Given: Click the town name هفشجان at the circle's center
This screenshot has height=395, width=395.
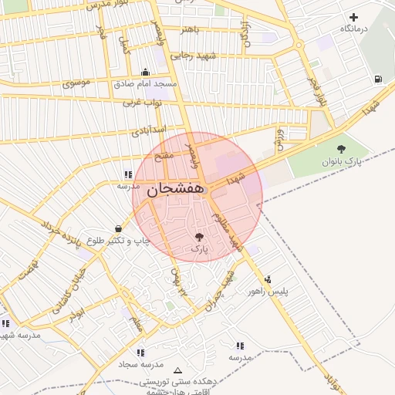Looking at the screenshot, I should pyautogui.click(x=174, y=189).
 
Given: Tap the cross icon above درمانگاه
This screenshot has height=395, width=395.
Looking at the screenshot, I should pyautogui.click(x=354, y=17).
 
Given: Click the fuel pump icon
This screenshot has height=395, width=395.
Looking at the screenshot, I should pyautogui.click(x=376, y=78).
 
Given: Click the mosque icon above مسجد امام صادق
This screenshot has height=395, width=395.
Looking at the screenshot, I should pyautogui.click(x=145, y=72).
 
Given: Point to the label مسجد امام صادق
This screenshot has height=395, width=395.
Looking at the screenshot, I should pyautogui.click(x=145, y=83).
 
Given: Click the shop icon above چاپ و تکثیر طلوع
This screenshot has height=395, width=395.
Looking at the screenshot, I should pyautogui.click(x=117, y=229).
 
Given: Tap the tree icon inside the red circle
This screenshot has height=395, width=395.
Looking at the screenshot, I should pyautogui.click(x=199, y=238).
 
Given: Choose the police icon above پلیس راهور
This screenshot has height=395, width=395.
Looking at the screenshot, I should pyautogui.click(x=268, y=280).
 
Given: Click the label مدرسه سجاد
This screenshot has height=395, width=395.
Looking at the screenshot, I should pyautogui.click(x=141, y=363).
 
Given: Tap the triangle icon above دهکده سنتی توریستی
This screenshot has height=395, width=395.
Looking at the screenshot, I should pyautogui.click(x=179, y=370).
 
